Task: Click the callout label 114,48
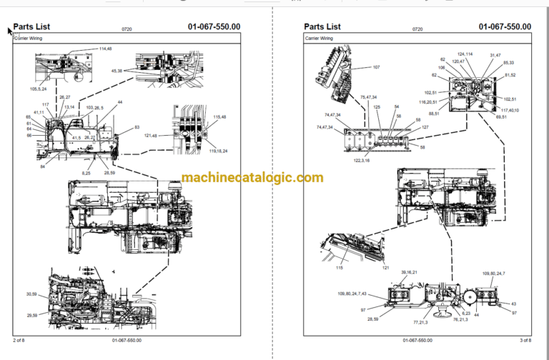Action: click(x=104, y=49)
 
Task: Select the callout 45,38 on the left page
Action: click(x=117, y=71)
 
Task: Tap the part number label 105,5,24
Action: click(x=39, y=90)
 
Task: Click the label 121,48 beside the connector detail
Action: click(x=151, y=135)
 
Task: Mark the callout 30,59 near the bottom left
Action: click(x=31, y=294)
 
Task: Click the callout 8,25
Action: click(x=86, y=173)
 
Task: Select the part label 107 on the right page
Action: click(x=376, y=68)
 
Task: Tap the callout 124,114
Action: click(x=465, y=55)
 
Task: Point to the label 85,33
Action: click(x=508, y=62)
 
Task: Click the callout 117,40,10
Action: click(x=510, y=109)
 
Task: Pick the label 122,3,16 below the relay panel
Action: click(x=362, y=161)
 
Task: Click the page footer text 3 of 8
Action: click(x=525, y=340)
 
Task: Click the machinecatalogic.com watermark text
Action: click(x=252, y=178)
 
